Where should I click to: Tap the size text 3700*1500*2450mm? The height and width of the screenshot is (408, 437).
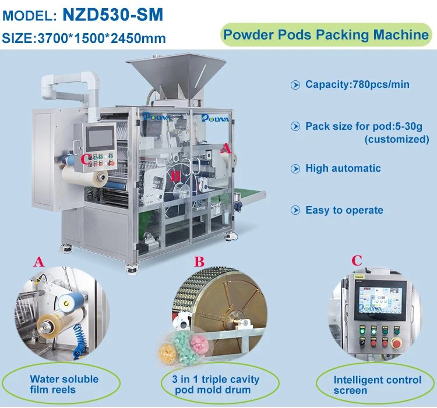(84, 38)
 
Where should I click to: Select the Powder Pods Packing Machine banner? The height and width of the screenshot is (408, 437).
(326, 34)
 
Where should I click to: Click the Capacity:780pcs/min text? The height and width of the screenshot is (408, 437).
(357, 85)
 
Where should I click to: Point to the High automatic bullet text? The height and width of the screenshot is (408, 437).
(343, 169)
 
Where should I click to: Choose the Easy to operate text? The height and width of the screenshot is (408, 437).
(344, 210)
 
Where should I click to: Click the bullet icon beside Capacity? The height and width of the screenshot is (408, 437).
(295, 85)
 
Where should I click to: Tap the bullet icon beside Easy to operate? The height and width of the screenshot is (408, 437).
(295, 210)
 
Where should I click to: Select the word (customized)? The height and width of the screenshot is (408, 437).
(396, 140)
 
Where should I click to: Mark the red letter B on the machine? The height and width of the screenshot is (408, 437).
(174, 175)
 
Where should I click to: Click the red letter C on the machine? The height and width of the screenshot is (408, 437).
(86, 159)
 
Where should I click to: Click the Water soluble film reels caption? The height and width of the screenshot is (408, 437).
(64, 384)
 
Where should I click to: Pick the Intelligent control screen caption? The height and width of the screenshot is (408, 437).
(377, 385)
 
